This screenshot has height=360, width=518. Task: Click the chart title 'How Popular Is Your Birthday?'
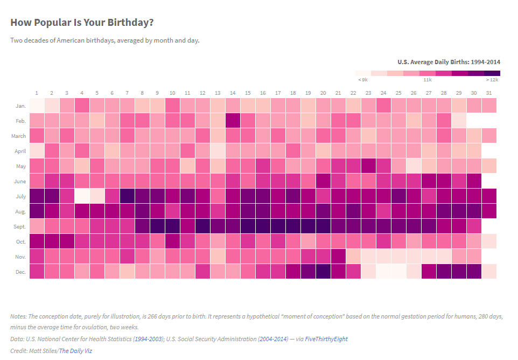pyautogui.click(x=82, y=22)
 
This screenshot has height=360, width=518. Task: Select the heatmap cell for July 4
pyautogui.click(x=82, y=196)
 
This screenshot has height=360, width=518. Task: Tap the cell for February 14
pyautogui.click(x=233, y=121)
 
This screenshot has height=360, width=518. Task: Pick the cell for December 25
pyautogui.click(x=398, y=272)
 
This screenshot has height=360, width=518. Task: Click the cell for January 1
pyautogui.click(x=37, y=106)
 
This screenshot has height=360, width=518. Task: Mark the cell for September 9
pyautogui.click(x=157, y=226)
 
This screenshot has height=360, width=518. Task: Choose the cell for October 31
pyautogui.click(x=489, y=241)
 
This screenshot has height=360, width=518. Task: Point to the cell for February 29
pyautogui.click(x=459, y=121)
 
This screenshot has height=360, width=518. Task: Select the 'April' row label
pyautogui.click(x=19, y=151)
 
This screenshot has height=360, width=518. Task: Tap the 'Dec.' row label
pyautogui.click(x=20, y=272)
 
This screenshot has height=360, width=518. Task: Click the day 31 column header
pyautogui.click(x=489, y=93)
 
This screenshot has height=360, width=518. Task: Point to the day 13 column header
pyautogui.click(x=218, y=93)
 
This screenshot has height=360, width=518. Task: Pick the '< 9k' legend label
pyautogui.click(x=363, y=80)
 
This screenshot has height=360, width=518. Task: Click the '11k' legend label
pyautogui.click(x=428, y=80)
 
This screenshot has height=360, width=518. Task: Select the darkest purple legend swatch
pyautogui.click(x=492, y=73)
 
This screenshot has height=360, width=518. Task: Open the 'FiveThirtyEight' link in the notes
pyautogui.click(x=326, y=339)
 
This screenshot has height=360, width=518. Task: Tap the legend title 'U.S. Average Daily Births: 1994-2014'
pyautogui.click(x=449, y=62)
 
